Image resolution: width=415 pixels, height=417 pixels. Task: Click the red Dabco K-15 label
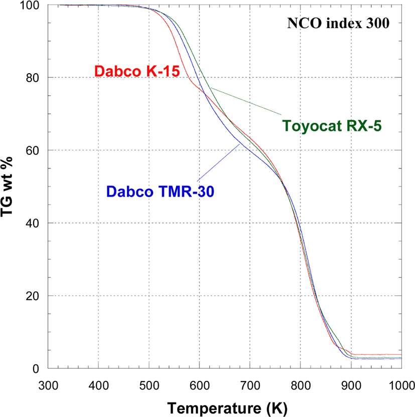137,71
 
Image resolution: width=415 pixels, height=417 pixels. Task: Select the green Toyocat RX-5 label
332,125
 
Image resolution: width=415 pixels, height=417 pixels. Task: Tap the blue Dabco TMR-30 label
160,191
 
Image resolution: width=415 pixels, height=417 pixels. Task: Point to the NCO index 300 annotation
338,23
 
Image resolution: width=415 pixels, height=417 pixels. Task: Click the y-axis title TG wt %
7,186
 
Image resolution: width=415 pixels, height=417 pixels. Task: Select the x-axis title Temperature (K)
227,408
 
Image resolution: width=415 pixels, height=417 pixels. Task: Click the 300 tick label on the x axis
48,385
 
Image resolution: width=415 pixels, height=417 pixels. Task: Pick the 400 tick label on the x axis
98,385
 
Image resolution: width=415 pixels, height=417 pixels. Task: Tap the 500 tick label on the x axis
149,385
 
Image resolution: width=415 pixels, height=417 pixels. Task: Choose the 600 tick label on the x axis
200,385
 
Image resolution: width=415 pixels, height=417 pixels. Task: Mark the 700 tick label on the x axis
250,385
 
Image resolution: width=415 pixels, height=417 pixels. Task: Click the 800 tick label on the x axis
301,385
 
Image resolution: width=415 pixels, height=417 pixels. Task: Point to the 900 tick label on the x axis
351,385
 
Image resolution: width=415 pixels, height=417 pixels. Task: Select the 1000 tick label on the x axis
402,385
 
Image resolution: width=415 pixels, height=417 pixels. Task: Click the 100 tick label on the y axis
30,6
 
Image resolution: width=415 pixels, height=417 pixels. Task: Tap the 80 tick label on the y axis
33,78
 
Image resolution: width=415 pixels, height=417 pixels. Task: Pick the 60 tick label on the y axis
33,150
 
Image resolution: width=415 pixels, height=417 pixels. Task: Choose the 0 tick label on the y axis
36,369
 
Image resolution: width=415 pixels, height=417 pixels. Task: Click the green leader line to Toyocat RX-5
246,101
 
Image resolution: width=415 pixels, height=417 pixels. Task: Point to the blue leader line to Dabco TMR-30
218,162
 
